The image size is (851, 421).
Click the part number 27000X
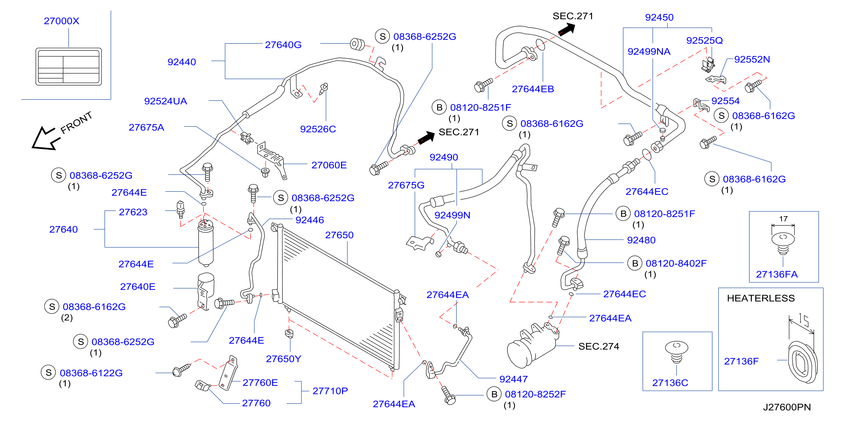tap(62, 21)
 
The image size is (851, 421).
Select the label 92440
tap(182, 62)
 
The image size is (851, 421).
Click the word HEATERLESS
tap(761, 298)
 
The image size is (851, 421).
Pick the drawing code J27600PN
tap(787, 407)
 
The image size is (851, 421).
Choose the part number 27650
tap(339, 235)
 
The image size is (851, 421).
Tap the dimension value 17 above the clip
tap(783, 219)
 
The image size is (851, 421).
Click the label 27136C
tap(670, 383)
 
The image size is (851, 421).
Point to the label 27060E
tap(329, 165)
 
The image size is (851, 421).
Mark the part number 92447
tap(513, 379)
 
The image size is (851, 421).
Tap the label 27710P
tap(330, 391)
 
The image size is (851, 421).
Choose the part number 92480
tap(641, 240)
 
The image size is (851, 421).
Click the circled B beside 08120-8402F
tap(635, 263)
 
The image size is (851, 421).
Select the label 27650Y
tap(283, 359)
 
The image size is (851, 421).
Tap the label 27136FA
tap(777, 274)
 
